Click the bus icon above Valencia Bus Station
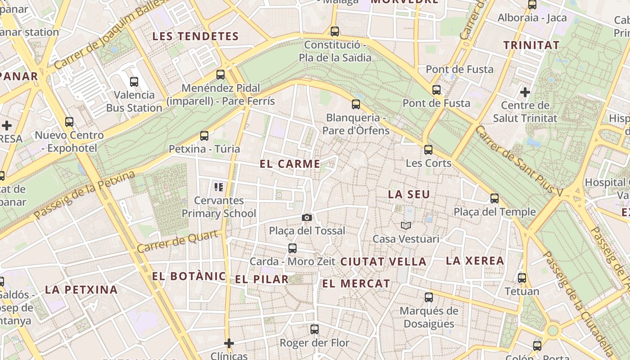(x=134, y=81)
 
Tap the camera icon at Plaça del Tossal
(x=307, y=218)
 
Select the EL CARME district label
(x=290, y=164)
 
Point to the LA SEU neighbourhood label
(x=409, y=194)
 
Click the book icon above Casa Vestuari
(x=406, y=225)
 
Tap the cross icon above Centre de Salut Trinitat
(x=525, y=92)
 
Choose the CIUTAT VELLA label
(x=383, y=261)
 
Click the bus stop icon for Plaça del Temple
(x=495, y=198)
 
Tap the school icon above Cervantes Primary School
(x=219, y=187)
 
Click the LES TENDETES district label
(x=195, y=36)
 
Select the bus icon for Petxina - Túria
(x=204, y=135)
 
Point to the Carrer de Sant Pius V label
(x=519, y=160)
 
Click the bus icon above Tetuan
(x=522, y=278)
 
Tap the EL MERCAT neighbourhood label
(x=356, y=283)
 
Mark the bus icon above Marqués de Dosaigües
(x=429, y=297)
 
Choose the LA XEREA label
(x=475, y=261)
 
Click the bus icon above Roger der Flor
(x=315, y=329)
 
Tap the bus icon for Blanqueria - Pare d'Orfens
(x=356, y=104)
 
